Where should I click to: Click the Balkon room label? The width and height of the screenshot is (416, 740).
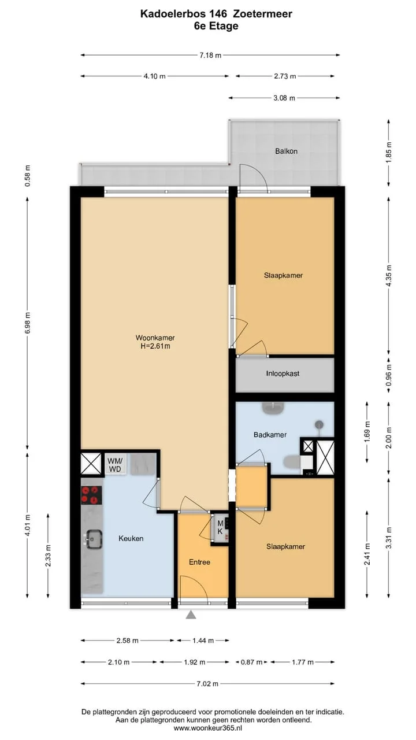[286, 151]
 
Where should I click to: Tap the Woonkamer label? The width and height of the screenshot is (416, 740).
[155, 338]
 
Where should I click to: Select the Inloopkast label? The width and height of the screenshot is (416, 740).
[283, 373]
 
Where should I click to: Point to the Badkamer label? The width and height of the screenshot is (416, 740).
[270, 435]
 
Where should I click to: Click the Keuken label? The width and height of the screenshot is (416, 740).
[131, 538]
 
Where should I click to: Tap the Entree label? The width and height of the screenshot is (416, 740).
[199, 562]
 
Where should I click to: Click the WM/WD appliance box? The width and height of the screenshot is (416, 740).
[115, 464]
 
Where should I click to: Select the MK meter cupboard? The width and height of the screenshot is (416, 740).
[220, 528]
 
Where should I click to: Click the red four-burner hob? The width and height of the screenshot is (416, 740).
[91, 495]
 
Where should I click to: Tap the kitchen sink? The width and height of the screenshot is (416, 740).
[94, 539]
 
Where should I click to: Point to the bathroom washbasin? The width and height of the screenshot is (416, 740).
[273, 408]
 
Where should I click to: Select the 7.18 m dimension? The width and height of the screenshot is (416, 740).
[210, 55]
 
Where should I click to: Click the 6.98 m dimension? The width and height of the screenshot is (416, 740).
[28, 323]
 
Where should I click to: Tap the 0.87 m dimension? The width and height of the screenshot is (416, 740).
[252, 662]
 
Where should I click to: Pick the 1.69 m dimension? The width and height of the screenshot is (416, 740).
[367, 432]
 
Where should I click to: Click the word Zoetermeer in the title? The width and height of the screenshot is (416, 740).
[262, 14]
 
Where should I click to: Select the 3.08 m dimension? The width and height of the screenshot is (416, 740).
[284, 98]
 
